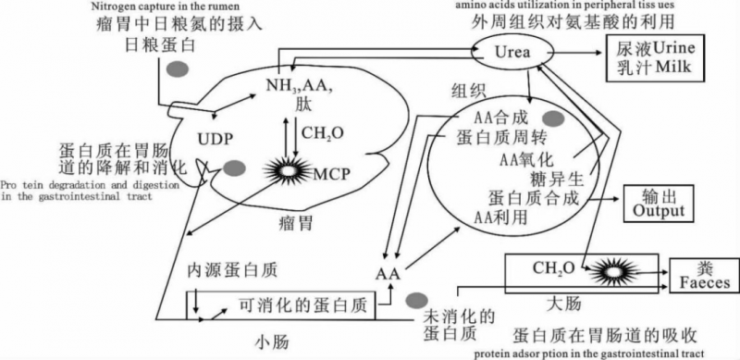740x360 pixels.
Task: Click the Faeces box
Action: (x=701, y=275)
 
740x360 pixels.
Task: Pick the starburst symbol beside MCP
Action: (x=290, y=171)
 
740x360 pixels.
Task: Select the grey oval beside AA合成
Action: (x=553, y=118)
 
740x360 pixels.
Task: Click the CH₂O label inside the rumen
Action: (x=323, y=133)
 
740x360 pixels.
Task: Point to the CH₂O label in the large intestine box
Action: (x=554, y=268)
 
